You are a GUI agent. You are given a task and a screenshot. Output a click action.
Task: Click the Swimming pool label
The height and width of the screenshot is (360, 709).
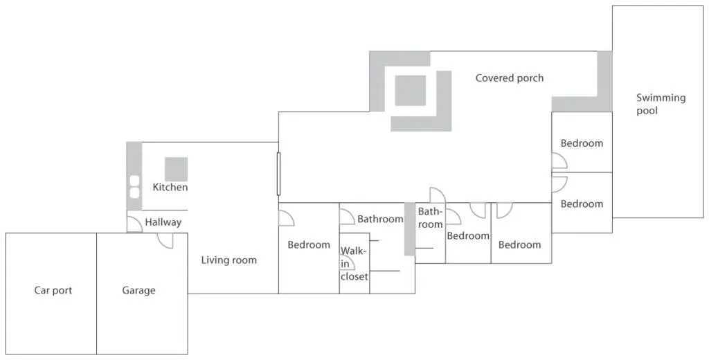point(661,104)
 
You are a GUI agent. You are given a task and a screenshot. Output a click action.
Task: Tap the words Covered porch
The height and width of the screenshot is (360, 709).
point(509,78)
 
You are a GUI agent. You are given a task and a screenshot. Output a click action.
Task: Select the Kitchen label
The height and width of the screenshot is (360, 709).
point(170,187)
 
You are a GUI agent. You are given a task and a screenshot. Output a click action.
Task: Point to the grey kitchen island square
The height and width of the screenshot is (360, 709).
point(176,169)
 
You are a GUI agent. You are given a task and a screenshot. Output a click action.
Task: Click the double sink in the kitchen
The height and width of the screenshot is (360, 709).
point(134,187)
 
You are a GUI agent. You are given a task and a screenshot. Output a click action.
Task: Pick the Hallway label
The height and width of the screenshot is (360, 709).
point(163,222)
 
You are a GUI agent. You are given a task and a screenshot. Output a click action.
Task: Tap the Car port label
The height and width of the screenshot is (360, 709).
point(53,290)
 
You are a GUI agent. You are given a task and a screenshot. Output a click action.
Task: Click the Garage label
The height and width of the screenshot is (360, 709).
point(138,290)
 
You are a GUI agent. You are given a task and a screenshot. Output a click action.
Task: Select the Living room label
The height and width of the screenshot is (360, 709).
point(228,260)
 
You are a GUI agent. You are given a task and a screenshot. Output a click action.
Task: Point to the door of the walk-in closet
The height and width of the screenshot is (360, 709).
point(348,262)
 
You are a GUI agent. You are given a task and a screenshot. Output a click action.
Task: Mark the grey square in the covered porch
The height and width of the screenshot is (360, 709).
point(411,91)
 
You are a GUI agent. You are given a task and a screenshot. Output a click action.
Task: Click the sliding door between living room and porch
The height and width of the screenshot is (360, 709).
point(278,174)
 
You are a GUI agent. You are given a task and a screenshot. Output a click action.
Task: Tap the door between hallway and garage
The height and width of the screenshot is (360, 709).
point(165,241)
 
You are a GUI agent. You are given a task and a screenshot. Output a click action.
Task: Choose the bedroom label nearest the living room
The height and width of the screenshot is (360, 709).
point(309,244)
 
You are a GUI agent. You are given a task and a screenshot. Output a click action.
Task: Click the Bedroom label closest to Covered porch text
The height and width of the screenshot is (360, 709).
point(582,143)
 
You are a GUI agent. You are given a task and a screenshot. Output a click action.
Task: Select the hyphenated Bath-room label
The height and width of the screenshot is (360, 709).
point(430,217)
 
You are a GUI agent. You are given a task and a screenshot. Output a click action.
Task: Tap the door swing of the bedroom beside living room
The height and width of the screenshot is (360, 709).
point(286,218)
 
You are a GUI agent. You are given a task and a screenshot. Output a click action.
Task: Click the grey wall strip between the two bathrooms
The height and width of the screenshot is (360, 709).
point(409,229)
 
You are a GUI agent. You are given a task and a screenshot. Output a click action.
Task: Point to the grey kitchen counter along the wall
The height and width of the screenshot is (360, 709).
point(134,176)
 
